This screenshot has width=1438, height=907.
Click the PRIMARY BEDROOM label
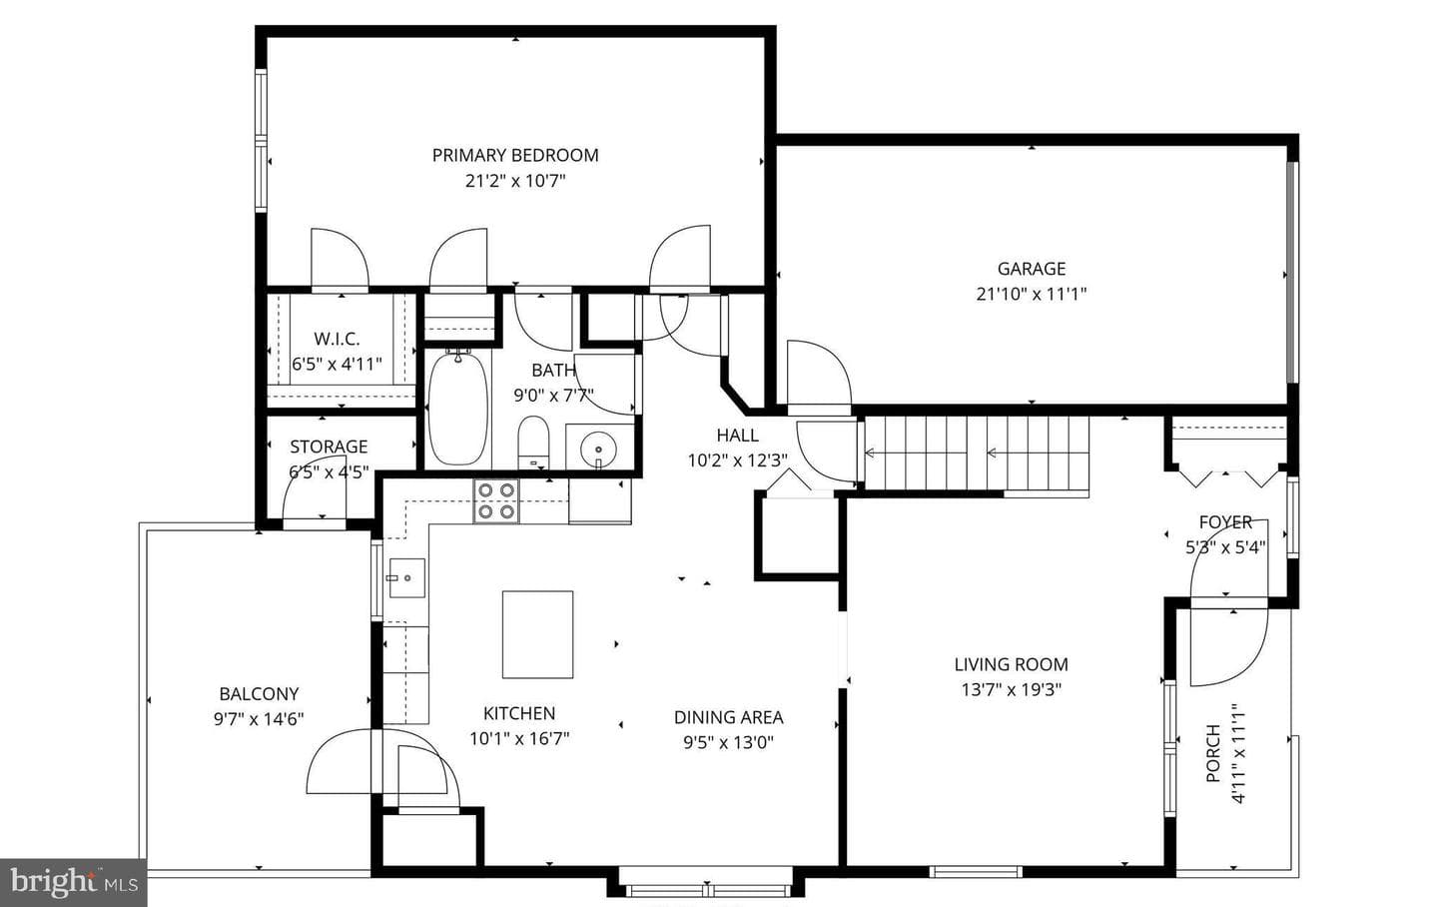pos(515,156)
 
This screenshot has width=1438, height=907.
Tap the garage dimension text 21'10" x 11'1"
pos(1031,295)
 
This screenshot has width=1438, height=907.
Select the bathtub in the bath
pos(457,408)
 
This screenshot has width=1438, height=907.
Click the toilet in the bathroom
pos(533,441)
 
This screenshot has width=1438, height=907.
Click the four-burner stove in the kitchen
pos(496,501)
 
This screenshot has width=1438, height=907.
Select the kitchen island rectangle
pos(537,634)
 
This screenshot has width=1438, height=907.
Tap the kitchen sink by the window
pos(407,578)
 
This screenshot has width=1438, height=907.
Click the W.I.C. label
pos(337,339)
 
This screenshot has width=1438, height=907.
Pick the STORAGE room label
pos(329,447)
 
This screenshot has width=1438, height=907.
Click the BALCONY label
pos(259,694)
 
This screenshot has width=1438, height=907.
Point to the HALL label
pos(738,435)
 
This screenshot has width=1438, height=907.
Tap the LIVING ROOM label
pos(1011,664)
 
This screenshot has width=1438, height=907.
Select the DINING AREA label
pos(729,717)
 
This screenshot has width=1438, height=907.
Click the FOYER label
pos(1225,522)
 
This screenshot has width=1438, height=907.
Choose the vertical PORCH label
pos(1212,753)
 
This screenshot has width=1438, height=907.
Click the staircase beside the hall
pos(977,453)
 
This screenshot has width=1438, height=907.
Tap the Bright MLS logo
pos(73,883)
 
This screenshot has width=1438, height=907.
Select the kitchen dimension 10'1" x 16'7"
pos(519,739)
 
